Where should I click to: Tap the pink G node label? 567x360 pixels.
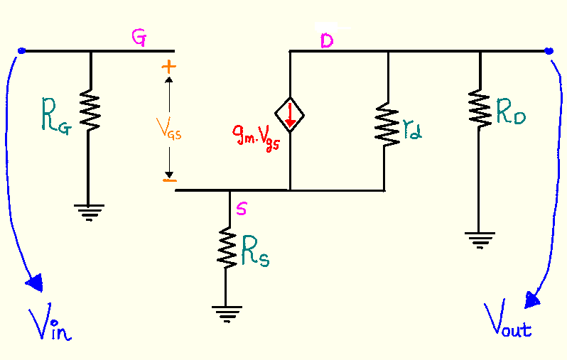click(140, 40)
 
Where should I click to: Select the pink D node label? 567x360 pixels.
click(326, 42)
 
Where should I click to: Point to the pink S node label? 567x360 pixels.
click(242, 209)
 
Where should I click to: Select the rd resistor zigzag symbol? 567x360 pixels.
click(387, 125)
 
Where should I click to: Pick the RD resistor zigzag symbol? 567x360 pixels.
click(481, 109)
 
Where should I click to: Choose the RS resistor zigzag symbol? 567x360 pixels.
click(226, 247)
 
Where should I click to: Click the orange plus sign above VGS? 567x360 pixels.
click(168, 67)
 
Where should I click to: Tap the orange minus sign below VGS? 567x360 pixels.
click(168, 180)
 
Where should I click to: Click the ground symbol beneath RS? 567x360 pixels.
click(226, 312)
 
